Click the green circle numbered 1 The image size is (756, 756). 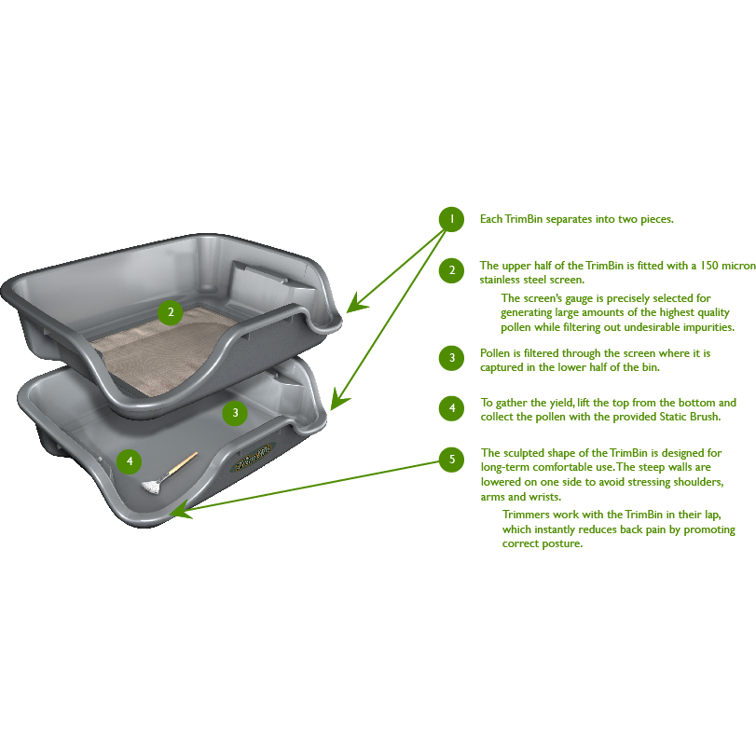451,219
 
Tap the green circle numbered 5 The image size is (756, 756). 452,459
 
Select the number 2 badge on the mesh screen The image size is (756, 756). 169,312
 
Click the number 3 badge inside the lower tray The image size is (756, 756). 235,411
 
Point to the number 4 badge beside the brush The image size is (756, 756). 130,460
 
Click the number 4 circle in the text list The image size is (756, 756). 451,408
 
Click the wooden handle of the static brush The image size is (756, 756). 183,462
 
